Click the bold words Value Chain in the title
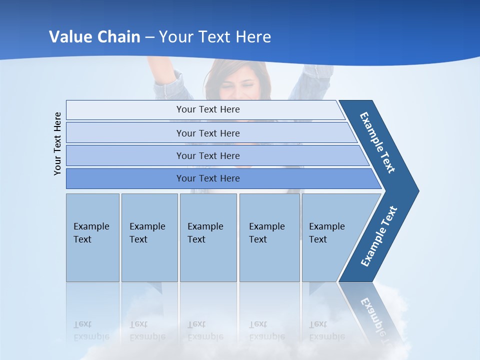point(94,37)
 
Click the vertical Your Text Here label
point(58,143)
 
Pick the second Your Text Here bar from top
point(208,133)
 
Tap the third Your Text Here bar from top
point(208,155)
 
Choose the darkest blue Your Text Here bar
point(208,178)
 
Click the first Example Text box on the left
point(92,237)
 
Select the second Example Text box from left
point(149,237)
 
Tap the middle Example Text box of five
point(208,237)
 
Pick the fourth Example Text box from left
point(269,237)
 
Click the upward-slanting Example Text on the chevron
point(379,236)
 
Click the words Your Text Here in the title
point(215,37)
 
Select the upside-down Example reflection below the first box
point(91,336)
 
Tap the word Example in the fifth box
point(326,226)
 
